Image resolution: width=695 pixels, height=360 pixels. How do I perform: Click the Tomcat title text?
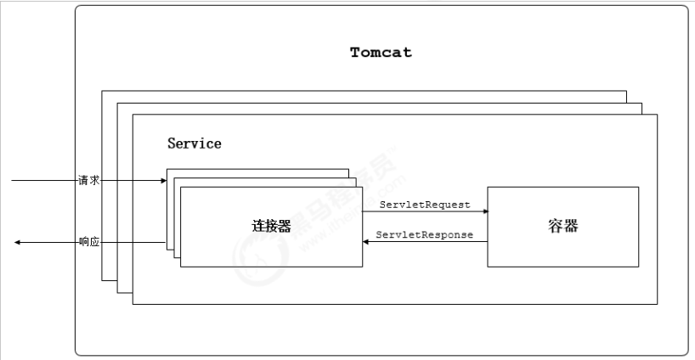tap(381, 53)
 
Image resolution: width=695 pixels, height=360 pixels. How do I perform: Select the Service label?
tap(194, 143)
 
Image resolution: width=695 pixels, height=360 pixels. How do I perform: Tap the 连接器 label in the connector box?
tap(271, 227)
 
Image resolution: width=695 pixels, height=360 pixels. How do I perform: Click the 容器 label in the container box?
tap(562, 227)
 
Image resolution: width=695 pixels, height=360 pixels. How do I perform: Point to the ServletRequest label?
tap(424, 205)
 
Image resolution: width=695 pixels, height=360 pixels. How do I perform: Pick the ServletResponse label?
tap(424, 234)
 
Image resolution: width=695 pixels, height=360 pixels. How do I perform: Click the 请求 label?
tap(89, 181)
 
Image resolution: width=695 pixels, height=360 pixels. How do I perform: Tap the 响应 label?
tap(89, 242)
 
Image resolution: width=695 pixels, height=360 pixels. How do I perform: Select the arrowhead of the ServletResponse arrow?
tap(366, 242)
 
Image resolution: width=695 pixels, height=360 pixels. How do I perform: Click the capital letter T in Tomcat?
tap(355, 53)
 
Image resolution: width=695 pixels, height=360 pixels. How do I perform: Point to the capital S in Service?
tap(172, 143)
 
